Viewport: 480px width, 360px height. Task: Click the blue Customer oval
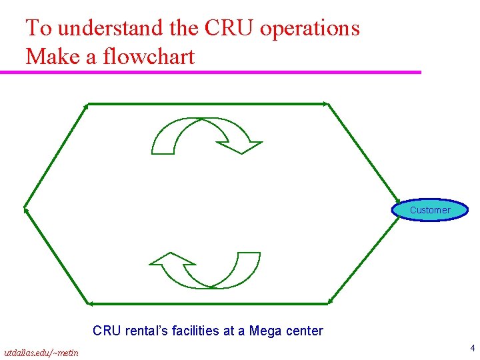pyautogui.click(x=430, y=210)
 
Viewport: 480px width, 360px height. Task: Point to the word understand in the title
pyautogui.click(x=110, y=28)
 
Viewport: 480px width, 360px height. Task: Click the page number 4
pyautogui.click(x=472, y=348)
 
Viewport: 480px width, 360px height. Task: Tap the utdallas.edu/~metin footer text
pyautogui.click(x=41, y=352)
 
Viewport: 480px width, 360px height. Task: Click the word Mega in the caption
pyautogui.click(x=265, y=331)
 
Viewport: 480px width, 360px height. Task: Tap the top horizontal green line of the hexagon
pyautogui.click(x=207, y=104)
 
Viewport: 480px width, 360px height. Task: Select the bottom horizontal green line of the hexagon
pyautogui.click(x=207, y=303)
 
